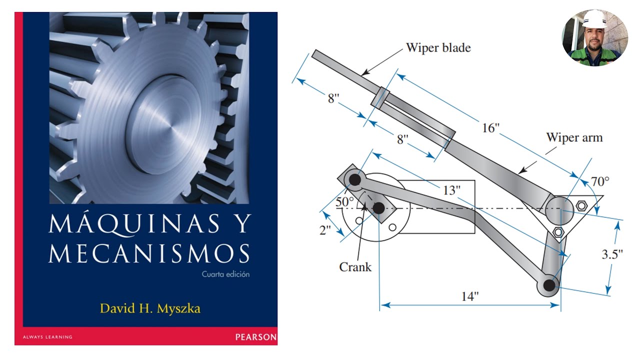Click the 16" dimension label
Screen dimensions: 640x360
pos(490,127)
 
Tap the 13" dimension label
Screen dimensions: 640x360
pos(451,190)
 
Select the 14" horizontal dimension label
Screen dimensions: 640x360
pos(470,296)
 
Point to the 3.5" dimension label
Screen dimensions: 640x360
pos(612,254)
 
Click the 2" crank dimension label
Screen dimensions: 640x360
pos(325,230)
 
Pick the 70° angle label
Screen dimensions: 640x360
pos(600,181)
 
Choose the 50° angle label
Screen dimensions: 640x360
pos(344,201)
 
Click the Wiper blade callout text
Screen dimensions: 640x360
pos(438,47)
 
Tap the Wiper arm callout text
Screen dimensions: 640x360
pos(574,137)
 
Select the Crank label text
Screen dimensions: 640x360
pos(355,267)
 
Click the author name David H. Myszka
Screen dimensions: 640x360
pos(150,308)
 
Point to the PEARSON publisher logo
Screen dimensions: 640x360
pos(256,337)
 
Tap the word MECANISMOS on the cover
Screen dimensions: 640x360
pos(149,253)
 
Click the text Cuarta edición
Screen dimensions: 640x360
pos(225,274)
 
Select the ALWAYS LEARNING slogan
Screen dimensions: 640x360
pos(47,337)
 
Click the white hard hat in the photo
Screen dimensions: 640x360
pos(595,19)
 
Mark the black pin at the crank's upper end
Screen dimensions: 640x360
pos(355,179)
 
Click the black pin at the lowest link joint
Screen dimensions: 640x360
pos(549,285)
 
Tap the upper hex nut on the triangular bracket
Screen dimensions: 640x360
pos(581,205)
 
